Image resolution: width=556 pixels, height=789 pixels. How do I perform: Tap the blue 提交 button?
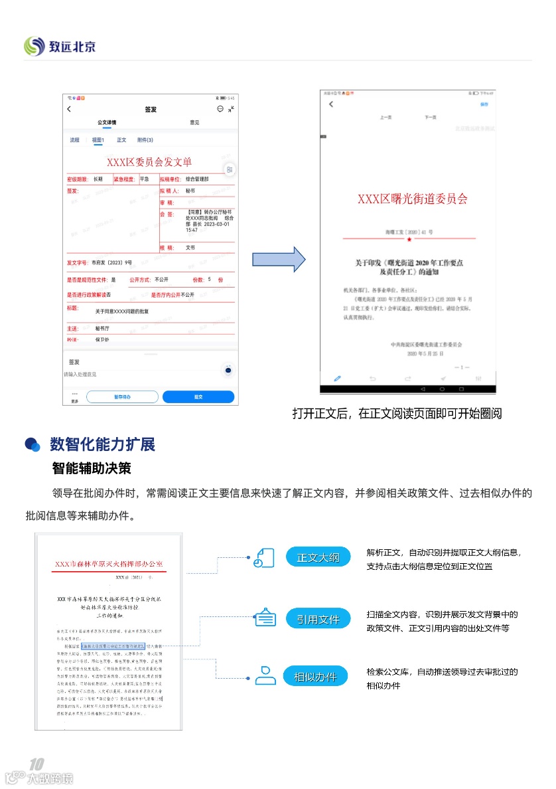point(198,396)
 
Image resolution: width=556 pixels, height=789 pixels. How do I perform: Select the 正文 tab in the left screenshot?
point(121,140)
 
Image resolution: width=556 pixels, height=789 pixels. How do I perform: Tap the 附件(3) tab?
point(145,140)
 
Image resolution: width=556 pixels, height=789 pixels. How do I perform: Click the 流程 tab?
point(75,140)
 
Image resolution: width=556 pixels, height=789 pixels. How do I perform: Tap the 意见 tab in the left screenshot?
point(194,122)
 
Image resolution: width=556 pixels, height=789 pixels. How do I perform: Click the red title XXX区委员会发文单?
point(149,162)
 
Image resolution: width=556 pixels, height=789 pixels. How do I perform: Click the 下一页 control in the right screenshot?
point(431,117)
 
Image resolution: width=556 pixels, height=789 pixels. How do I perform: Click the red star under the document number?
point(409,238)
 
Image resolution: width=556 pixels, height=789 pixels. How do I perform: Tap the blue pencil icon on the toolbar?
point(338,378)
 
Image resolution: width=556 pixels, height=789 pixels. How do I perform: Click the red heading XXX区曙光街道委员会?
point(412,199)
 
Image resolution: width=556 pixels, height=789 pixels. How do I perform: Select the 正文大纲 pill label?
point(318,558)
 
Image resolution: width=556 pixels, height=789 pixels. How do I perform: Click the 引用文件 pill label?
point(318,620)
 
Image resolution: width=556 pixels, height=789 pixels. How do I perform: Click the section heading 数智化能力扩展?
point(102,444)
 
